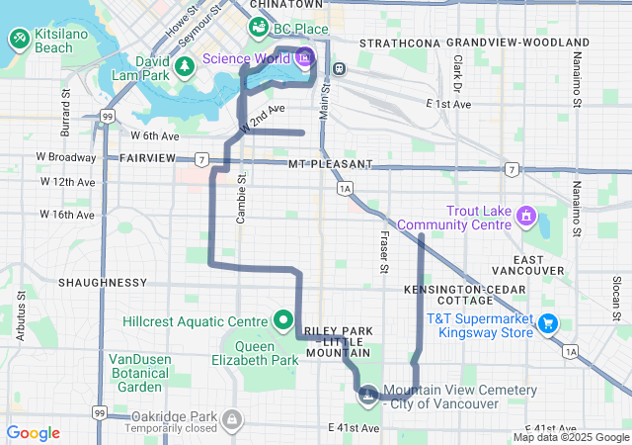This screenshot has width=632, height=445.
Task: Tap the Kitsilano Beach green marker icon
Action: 20,40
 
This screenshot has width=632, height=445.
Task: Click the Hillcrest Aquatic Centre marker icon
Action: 283,320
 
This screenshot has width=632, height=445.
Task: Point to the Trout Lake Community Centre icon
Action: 525,215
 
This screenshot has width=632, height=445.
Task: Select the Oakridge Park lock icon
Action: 230,420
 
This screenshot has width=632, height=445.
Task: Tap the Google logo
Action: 33,433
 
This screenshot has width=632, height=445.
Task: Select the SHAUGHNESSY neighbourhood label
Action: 103,282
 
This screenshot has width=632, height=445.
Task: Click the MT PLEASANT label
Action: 331,163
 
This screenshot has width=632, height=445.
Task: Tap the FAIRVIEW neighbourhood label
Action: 147,158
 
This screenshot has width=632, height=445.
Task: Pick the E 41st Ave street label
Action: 354,427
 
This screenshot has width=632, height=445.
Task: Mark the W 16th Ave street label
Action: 67,214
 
